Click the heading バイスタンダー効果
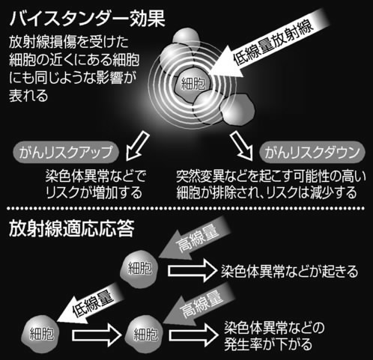tap(87, 18)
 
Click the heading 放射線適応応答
tap(72, 228)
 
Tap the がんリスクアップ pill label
tap(66, 152)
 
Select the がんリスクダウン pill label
tap(312, 152)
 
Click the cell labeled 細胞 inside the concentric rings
tap(192, 84)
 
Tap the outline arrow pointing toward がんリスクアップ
tap(137, 145)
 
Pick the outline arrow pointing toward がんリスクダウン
tap(242, 145)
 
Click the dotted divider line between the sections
tap(186, 208)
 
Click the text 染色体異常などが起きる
tap(289, 272)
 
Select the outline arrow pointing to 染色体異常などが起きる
tap(191, 271)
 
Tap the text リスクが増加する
tap(94, 192)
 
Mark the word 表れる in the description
tap(28, 96)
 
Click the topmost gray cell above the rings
tap(186, 37)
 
